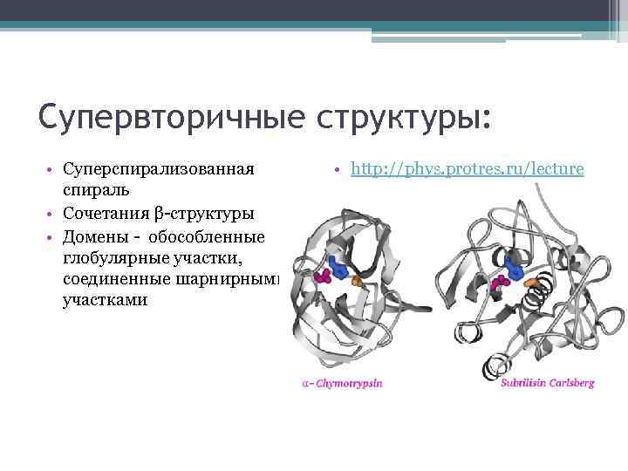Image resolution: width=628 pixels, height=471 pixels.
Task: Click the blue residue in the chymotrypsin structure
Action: [x=337, y=269]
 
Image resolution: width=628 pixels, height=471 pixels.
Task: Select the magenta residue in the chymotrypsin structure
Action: [x=322, y=276]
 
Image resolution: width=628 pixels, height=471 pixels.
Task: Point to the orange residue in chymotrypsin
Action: [x=357, y=282]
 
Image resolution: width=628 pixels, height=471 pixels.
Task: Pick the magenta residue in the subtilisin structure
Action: [x=501, y=283]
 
